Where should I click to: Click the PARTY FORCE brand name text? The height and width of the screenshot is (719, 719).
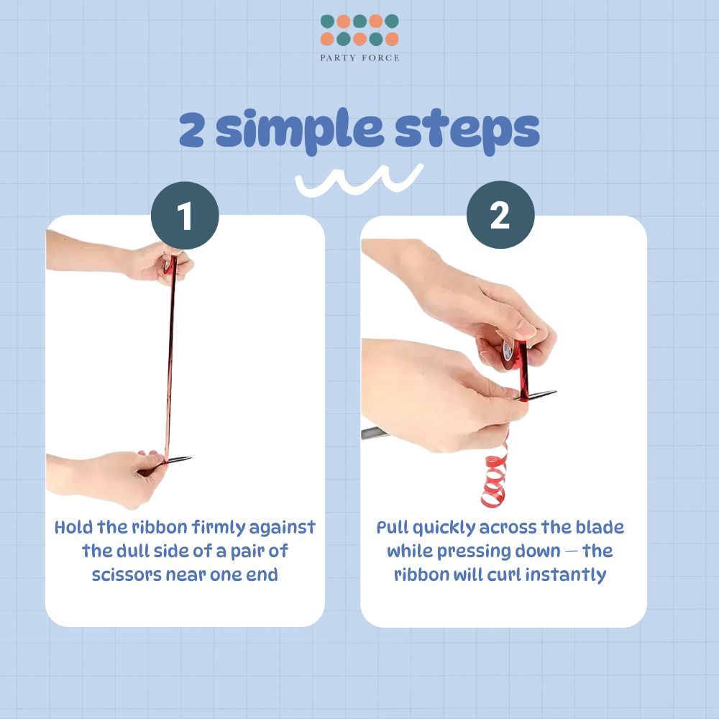359,58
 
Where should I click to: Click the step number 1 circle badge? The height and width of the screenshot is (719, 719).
185,216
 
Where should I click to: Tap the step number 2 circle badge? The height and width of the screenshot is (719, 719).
500,216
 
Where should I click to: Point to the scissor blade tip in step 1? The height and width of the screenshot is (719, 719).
188,459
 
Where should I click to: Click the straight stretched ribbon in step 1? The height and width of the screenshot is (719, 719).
170,359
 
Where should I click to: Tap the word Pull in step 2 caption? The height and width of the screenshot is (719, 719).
393,528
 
